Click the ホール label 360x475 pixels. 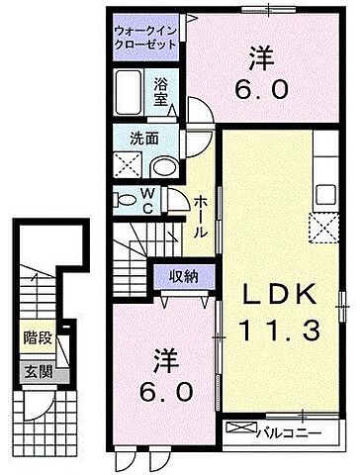[x=200, y=216]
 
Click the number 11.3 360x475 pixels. [x=278, y=332]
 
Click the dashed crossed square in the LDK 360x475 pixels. [x=323, y=227]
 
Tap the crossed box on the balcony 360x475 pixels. [x=238, y=428]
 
